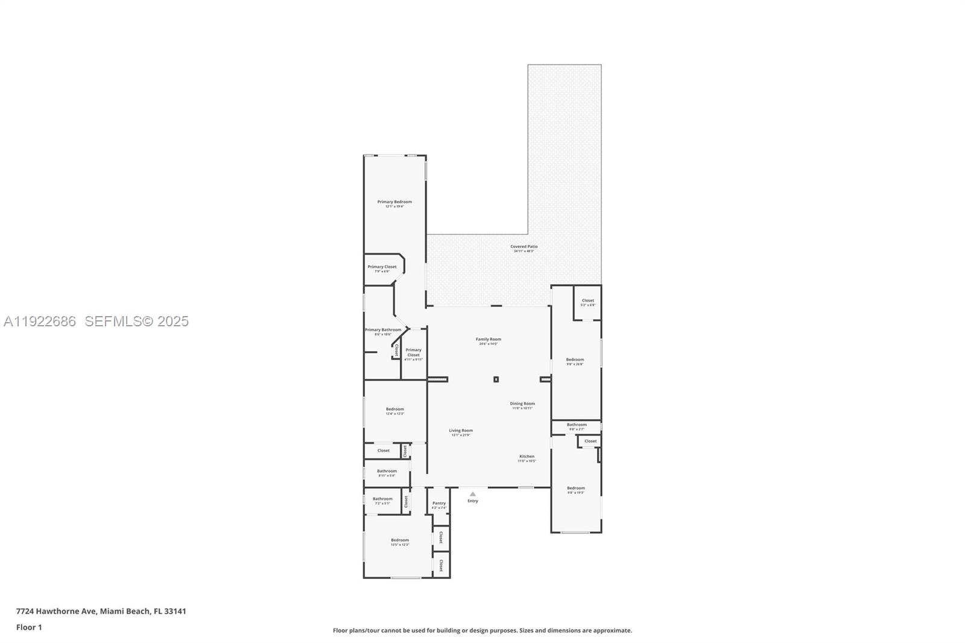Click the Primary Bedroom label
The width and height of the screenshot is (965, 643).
point(394,202)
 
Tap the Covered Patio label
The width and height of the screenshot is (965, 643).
point(524,247)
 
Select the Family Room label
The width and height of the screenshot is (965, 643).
point(488,340)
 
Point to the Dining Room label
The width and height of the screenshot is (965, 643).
point(522,404)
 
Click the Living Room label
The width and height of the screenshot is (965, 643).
point(461,431)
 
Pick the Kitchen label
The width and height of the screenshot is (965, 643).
point(527,457)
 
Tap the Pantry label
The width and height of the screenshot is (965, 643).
point(439,504)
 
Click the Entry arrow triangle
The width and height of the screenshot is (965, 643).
point(473,494)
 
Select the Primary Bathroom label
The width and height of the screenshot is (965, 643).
point(383,330)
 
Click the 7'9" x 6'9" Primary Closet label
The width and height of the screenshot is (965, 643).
point(382,267)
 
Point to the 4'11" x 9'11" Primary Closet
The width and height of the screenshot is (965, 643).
point(413,353)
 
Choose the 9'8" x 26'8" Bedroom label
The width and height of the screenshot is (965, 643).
point(575,360)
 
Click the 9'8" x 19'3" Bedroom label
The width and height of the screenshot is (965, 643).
point(575,489)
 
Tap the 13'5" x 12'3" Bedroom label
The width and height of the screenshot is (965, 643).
point(399,540)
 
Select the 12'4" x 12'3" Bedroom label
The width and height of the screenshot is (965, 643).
point(394,410)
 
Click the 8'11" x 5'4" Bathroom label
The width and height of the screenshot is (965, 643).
point(387,472)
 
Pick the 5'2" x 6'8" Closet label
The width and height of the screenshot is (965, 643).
point(587,301)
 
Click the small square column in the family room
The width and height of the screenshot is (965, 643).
point(496,379)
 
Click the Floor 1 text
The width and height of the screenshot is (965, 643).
point(29,627)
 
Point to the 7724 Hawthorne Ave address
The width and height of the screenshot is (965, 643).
point(101,611)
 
